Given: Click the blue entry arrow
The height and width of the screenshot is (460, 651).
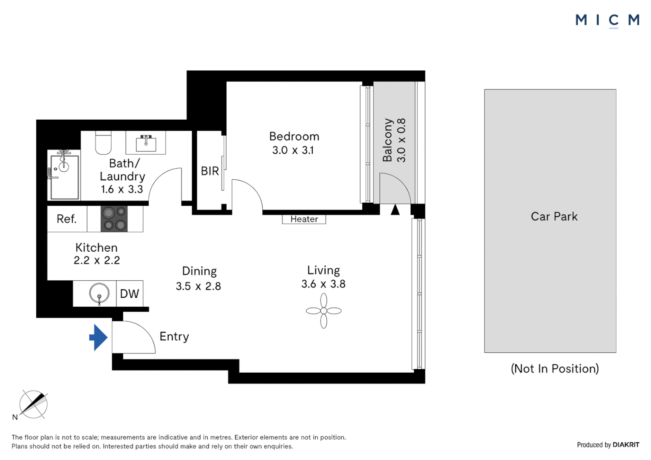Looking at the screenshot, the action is [99, 337].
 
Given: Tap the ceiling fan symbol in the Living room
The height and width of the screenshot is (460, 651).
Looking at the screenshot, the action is [324, 310].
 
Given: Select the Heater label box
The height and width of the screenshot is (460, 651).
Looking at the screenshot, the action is [304, 219].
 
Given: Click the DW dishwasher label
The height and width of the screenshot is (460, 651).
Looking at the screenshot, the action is [130, 293].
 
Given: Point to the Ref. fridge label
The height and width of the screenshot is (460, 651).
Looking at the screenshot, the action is [66, 219].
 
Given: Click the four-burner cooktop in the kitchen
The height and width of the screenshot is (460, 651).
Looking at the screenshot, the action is [114, 219].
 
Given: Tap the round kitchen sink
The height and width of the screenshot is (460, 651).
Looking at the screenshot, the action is [99, 293].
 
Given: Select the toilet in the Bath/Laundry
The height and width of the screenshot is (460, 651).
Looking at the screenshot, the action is [104, 142].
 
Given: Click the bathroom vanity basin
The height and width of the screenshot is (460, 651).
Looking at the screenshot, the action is [146, 143].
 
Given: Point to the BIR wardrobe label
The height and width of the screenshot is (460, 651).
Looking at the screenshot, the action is [210, 171].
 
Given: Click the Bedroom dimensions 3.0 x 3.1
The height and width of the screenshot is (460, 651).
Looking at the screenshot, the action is [293, 150].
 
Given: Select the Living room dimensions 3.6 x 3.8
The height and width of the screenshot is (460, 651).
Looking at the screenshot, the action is [323, 284].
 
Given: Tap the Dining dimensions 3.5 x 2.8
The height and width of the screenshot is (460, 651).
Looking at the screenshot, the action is [199, 286].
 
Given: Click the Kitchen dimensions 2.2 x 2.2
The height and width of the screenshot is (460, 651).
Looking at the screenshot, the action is [97, 260].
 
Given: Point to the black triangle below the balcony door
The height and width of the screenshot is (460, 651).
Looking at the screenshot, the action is [395, 210].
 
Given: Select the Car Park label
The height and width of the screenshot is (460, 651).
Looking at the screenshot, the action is [554, 216].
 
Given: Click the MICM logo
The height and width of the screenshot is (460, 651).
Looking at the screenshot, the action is [608, 20].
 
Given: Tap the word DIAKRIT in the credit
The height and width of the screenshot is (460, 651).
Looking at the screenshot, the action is [626, 445].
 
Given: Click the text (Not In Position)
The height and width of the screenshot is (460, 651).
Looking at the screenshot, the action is [555, 368].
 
